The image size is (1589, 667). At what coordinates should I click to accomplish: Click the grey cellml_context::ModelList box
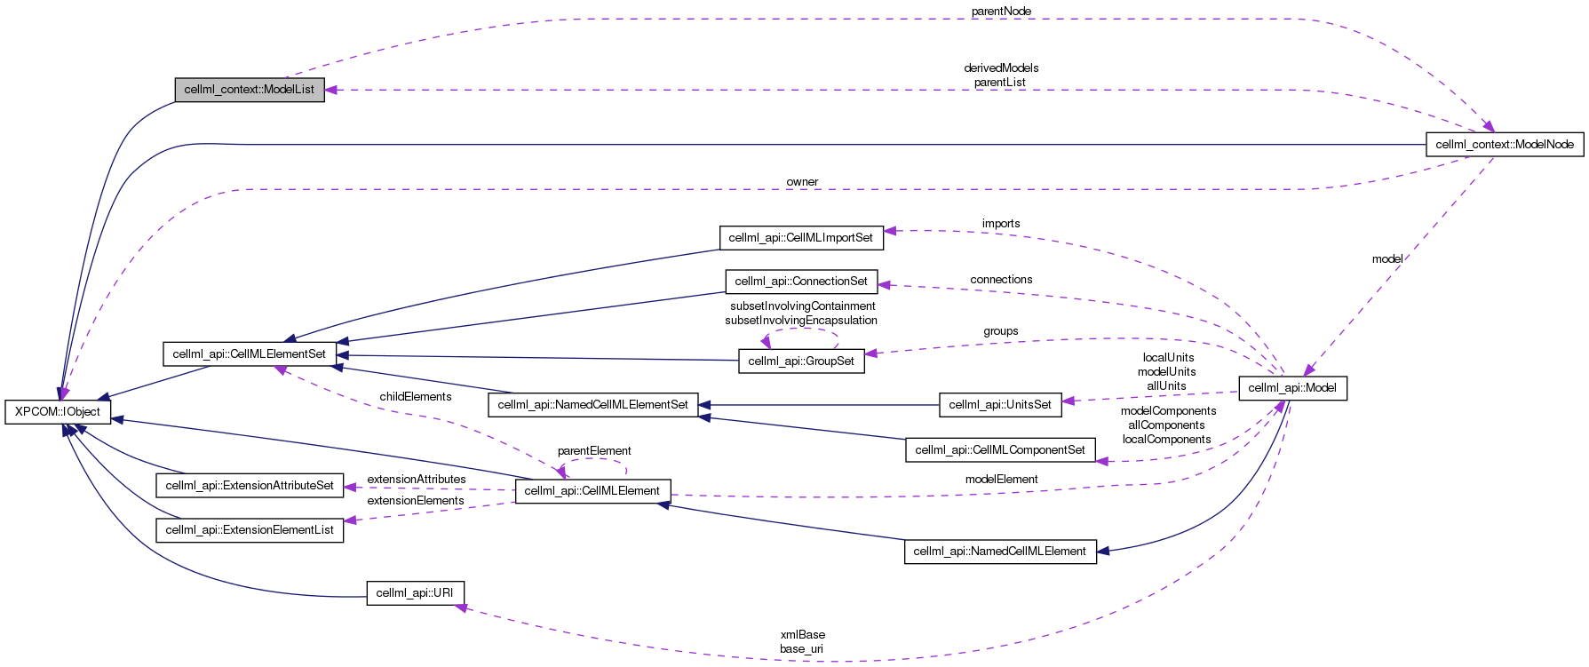click(250, 90)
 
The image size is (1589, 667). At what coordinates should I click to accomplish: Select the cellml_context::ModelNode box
click(1504, 144)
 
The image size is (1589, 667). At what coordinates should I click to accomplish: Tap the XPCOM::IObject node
click(58, 412)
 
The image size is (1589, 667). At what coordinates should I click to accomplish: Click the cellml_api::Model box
click(1292, 388)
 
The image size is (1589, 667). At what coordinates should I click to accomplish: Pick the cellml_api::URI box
click(415, 593)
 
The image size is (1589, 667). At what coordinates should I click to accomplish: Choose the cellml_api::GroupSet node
click(801, 361)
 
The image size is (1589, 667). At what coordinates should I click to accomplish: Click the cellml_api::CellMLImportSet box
click(801, 237)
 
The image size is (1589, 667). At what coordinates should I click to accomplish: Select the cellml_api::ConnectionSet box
click(801, 282)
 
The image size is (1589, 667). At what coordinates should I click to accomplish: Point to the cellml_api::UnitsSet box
click(1000, 405)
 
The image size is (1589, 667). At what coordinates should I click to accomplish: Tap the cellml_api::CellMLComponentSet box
click(1000, 450)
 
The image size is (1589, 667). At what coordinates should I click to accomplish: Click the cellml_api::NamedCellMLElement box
click(999, 552)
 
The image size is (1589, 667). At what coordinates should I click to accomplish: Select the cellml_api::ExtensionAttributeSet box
click(250, 486)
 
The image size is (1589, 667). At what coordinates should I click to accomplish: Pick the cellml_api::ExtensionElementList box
click(250, 530)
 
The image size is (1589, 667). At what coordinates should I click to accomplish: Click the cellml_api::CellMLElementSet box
click(250, 354)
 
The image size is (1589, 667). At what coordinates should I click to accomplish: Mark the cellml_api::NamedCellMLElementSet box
click(592, 405)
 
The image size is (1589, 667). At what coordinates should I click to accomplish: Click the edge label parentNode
click(1001, 12)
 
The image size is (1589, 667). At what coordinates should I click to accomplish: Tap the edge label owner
click(802, 182)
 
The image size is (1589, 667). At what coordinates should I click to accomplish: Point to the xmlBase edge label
click(803, 635)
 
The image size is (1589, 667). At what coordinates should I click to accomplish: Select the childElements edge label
click(416, 397)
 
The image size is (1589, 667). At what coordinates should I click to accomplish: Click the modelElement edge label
click(1001, 480)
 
